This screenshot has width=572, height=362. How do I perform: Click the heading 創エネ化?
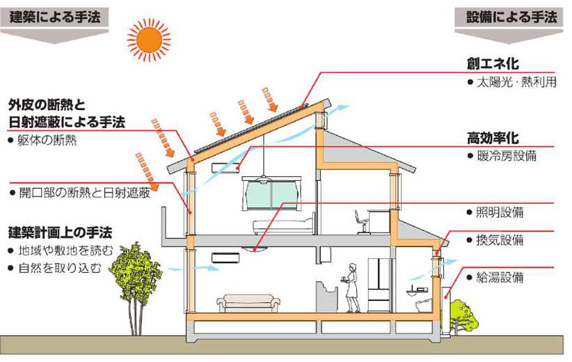[x=493, y=64]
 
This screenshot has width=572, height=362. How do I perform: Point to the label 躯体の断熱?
[x=45, y=140]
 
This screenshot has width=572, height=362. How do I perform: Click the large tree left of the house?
[x=135, y=278]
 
